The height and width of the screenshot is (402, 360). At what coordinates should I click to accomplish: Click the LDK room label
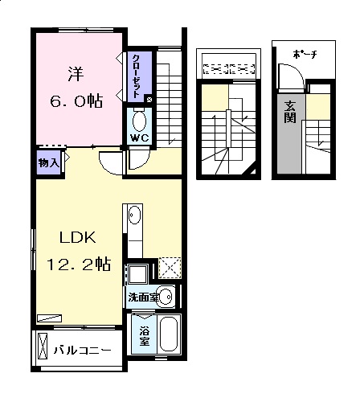pos(78,237)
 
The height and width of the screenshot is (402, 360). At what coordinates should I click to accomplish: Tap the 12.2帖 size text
pos(79,264)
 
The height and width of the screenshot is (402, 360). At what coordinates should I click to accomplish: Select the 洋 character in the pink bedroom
pos(76,74)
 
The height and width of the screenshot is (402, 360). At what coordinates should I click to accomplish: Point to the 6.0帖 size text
pos(76,100)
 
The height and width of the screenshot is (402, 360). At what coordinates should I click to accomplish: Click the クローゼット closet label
pos(137,76)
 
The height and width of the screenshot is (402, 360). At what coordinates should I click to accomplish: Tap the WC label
pos(139,137)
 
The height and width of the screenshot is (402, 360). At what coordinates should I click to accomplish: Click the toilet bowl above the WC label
pos(139,121)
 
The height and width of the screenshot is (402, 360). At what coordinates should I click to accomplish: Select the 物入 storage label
pos(48,162)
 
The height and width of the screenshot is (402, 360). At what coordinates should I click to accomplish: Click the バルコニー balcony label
pos(83,351)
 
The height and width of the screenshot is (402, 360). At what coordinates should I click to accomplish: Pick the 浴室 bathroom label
pos(144,336)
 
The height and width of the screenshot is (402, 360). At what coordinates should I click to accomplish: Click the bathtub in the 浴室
pos(169,334)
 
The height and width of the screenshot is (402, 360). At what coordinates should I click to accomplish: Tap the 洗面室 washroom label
pos(144,297)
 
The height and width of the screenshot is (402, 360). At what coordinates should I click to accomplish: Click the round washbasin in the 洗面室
pos(166,297)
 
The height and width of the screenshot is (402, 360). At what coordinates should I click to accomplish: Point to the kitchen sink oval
pos(134,215)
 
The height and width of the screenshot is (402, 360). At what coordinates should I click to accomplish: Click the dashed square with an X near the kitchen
pos(170,268)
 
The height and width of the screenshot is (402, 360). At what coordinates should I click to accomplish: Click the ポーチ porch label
pos(305,55)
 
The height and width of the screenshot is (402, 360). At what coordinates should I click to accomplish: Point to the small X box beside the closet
pos(149,100)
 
